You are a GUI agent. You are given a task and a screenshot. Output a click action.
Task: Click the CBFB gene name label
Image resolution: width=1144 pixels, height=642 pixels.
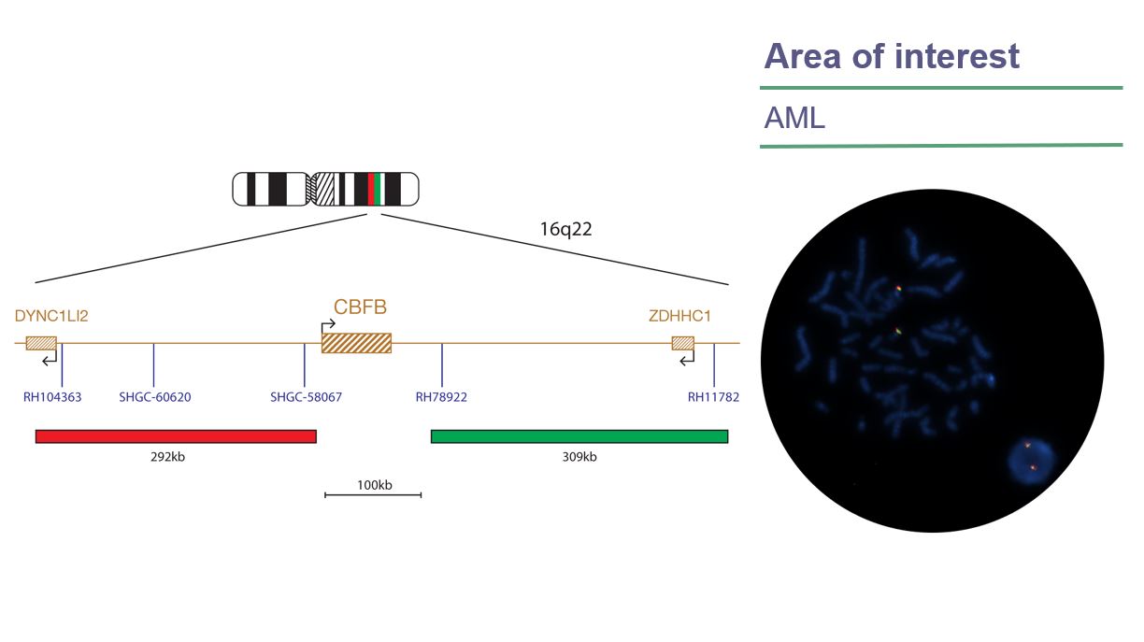(360, 307)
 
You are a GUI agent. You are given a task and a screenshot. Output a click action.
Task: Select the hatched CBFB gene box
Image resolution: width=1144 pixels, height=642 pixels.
(356, 343)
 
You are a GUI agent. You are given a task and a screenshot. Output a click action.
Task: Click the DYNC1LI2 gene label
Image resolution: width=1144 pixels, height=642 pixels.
(51, 316)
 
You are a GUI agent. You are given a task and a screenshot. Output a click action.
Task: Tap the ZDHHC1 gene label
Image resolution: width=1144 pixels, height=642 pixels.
(679, 316)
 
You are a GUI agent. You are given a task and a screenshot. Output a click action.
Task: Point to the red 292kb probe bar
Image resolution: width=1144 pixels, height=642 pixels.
(176, 435)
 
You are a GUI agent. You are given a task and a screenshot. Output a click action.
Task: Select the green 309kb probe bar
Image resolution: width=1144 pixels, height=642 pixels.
(579, 435)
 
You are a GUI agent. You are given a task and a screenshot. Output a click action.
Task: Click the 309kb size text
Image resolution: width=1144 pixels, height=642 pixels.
(579, 457)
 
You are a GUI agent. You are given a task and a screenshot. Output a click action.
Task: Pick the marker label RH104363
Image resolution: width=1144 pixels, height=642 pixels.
(52, 397)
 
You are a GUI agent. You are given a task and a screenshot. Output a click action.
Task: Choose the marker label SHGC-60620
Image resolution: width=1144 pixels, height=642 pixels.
(155, 397)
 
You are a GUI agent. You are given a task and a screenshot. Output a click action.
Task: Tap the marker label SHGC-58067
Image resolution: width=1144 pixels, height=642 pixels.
(306, 397)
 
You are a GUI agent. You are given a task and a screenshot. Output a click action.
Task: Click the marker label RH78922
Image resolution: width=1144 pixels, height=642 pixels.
(441, 397)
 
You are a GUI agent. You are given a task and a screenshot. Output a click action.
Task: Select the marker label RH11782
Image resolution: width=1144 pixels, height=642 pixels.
(713, 397)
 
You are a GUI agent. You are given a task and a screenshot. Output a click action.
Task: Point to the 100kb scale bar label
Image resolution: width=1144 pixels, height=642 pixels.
(374, 484)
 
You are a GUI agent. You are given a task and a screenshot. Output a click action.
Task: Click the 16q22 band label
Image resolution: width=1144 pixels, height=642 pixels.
(565, 229)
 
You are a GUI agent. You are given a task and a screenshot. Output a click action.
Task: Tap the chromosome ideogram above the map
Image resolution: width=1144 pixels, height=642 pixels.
(325, 189)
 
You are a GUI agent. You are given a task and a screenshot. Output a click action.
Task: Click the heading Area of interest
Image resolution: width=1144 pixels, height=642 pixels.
(892, 57)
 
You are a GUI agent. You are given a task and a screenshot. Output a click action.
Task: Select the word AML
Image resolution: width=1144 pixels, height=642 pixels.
(794, 119)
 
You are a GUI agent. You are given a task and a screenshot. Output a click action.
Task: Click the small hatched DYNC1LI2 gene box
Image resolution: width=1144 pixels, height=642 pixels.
(41, 343)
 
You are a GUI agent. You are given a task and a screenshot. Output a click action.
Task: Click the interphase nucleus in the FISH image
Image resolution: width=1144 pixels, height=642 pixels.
(1030, 459)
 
